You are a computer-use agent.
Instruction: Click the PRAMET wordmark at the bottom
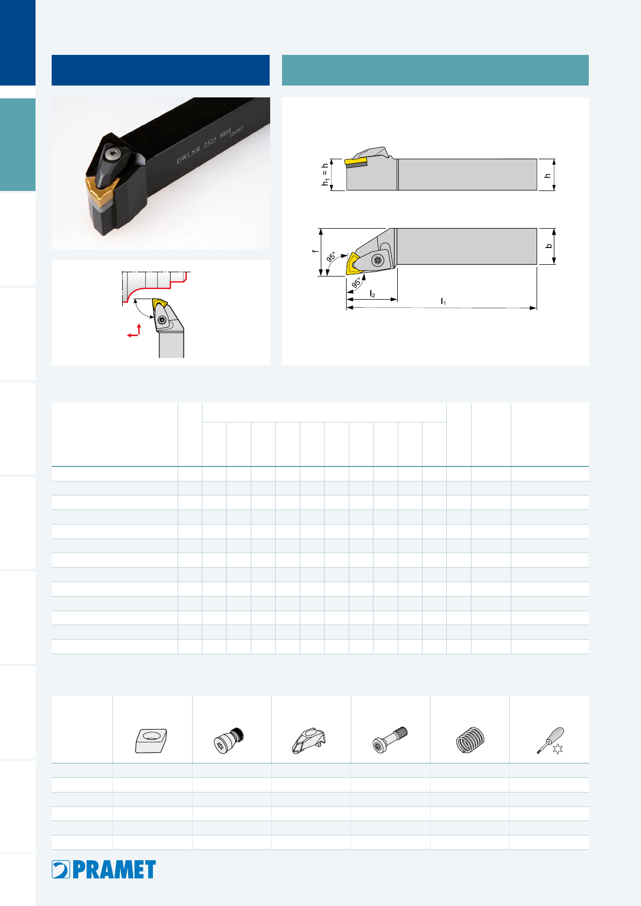click(114, 869)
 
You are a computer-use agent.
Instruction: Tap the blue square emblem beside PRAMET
click(61, 869)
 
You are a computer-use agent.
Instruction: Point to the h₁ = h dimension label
click(325, 175)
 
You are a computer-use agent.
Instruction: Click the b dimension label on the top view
click(549, 246)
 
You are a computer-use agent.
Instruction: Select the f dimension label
click(314, 251)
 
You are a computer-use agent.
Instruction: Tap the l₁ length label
click(443, 301)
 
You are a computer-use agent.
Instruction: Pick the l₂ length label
click(372, 294)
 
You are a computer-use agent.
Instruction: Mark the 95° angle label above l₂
click(356, 282)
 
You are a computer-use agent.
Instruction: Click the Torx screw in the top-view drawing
click(378, 261)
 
